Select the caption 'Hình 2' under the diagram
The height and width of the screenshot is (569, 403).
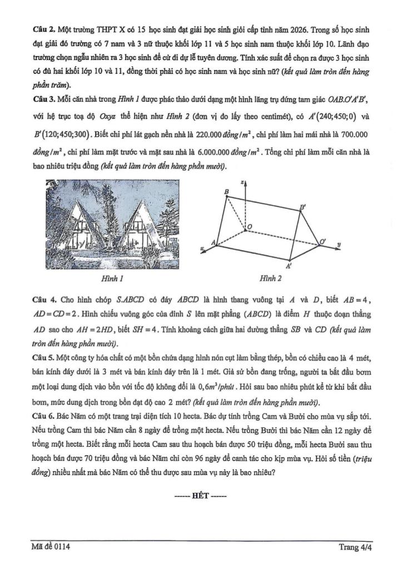coord(271,277)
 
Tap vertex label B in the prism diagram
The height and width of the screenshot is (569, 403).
coord(226,192)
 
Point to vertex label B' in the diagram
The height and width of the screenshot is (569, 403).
coord(302,207)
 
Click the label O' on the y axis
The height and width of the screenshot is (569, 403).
coord(323,241)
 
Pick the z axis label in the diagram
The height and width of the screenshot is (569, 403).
coord(243,182)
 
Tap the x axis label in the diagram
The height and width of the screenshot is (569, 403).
coord(204,247)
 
